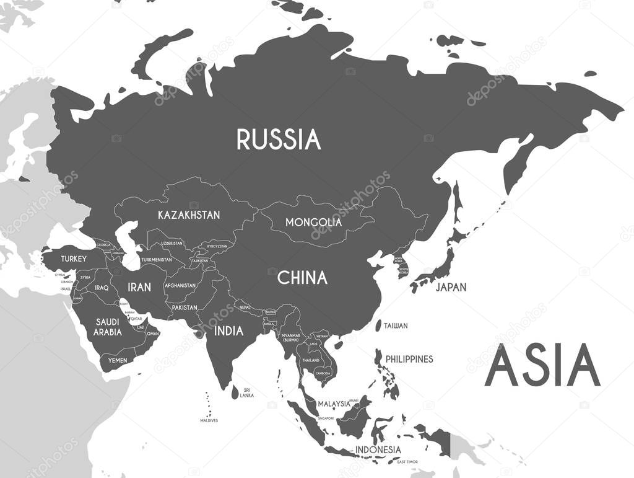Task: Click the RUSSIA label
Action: pyautogui.click(x=279, y=139)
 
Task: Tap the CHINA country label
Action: pyautogui.click(x=302, y=278)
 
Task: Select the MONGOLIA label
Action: pyautogui.click(x=313, y=222)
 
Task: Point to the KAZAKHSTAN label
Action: pyautogui.click(x=189, y=215)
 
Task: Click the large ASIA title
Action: pyautogui.click(x=542, y=366)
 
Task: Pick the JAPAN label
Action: pyautogui.click(x=451, y=287)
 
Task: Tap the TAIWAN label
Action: pyautogui.click(x=396, y=325)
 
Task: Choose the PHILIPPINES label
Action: pyautogui.click(x=409, y=359)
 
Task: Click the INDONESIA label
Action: pyautogui.click(x=378, y=449)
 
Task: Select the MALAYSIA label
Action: pyautogui.click(x=334, y=404)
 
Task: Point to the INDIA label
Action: pyautogui.click(x=228, y=331)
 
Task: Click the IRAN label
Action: pyautogui.click(x=139, y=287)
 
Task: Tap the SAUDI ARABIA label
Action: pyautogui.click(x=108, y=327)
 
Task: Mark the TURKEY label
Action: pyautogui.click(x=74, y=259)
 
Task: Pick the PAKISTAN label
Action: pyautogui.click(x=185, y=308)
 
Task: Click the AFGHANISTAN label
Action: pyautogui.click(x=180, y=286)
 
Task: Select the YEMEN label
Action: pyautogui.click(x=118, y=360)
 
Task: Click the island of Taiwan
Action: pyautogui.click(x=378, y=325)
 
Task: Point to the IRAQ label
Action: pyautogui.click(x=102, y=288)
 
